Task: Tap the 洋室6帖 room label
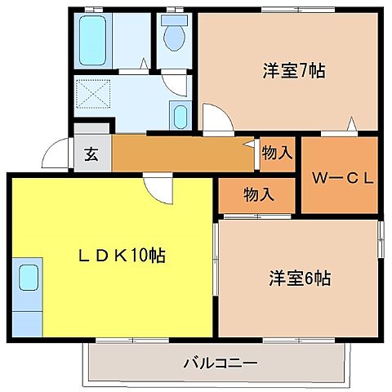point(300,278)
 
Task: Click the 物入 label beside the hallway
point(278,152)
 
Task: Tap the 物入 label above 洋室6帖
point(258,194)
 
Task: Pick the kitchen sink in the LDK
point(28,277)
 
